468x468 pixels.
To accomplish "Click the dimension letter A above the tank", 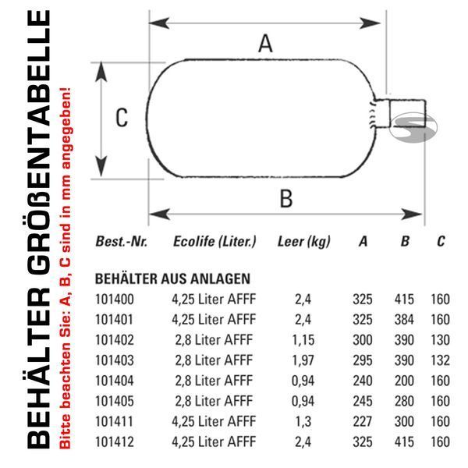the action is pyautogui.click(x=265, y=44).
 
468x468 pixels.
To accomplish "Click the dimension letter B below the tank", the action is pyautogui.click(x=286, y=198).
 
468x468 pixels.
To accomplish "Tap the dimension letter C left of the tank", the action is pyautogui.click(x=122, y=118).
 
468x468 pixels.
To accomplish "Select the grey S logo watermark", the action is pyautogui.click(x=413, y=127).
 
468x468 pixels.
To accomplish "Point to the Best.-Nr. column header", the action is pyautogui.click(x=121, y=242).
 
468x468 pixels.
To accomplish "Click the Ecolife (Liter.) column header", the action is pyautogui.click(x=214, y=242).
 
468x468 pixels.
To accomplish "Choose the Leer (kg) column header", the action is pyautogui.click(x=304, y=242).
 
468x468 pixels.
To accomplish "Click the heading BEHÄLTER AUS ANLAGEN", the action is pyautogui.click(x=172, y=278).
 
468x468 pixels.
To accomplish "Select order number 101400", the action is pyautogui.click(x=115, y=300).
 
